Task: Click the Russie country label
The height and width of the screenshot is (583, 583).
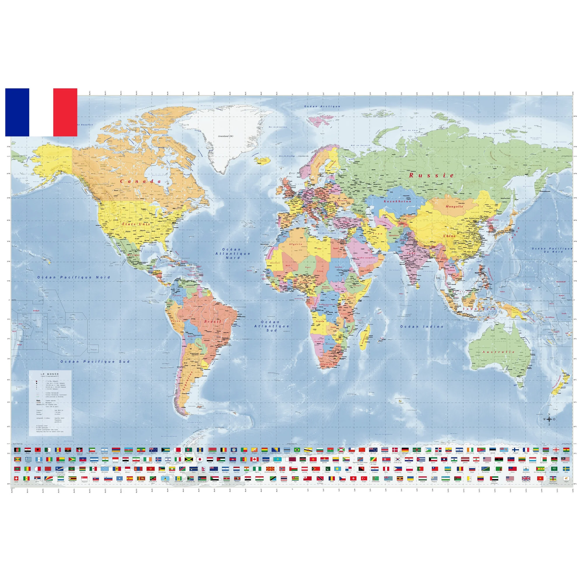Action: [431, 175]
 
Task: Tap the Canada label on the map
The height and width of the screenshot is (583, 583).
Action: [141, 181]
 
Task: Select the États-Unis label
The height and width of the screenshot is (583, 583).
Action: [136, 224]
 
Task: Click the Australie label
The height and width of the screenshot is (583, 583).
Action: [498, 352]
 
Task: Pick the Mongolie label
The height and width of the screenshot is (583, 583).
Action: [454, 207]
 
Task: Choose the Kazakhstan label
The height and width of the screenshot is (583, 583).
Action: [397, 201]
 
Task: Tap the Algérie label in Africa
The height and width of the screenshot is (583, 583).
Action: [296, 244]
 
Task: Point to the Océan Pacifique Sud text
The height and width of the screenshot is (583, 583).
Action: [95, 361]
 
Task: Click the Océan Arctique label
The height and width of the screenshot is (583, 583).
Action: [322, 106]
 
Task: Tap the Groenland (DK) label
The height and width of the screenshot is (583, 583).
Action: [226, 136]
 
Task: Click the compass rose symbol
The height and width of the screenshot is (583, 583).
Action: [549, 419]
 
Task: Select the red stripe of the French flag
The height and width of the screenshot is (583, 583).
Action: [65, 112]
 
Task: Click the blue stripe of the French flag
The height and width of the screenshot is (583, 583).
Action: [17, 112]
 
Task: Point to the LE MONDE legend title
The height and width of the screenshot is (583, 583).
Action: [50, 374]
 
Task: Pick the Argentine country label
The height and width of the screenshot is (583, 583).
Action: [187, 382]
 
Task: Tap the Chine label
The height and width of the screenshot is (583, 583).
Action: [449, 236]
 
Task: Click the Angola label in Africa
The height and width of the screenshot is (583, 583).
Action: [320, 321]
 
